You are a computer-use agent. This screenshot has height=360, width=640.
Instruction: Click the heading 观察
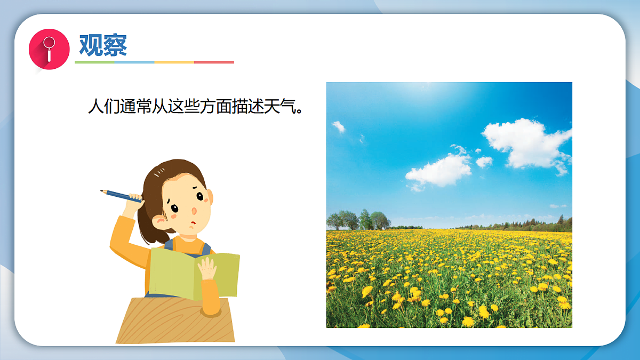tap(103, 45)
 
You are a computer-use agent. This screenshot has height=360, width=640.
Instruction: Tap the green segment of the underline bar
tap(94, 62)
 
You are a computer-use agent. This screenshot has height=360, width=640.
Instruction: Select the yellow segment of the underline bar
tap(174, 62)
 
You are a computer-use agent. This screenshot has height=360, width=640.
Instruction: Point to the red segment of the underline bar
tap(214, 62)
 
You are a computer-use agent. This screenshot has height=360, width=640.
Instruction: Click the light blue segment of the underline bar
tap(134, 62)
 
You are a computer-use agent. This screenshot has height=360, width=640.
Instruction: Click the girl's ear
tap(159, 220)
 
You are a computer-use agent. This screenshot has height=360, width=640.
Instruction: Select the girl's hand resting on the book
tap(207, 270)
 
